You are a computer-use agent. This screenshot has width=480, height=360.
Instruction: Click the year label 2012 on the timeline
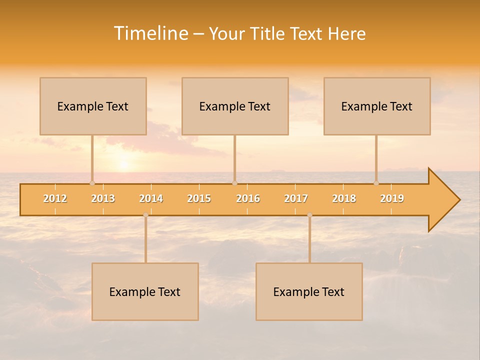pyautogui.click(x=55, y=198)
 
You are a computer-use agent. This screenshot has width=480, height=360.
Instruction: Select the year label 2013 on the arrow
pyautogui.click(x=103, y=198)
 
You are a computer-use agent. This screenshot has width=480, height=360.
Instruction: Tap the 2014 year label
pyautogui.click(x=151, y=198)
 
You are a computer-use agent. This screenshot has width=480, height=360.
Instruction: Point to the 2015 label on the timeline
pyautogui.click(x=199, y=198)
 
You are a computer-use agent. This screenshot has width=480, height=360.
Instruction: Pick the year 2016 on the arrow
pyautogui.click(x=248, y=198)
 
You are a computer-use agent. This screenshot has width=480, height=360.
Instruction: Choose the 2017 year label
pyautogui.click(x=296, y=198)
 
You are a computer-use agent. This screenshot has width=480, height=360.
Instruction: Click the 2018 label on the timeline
pyautogui.click(x=344, y=198)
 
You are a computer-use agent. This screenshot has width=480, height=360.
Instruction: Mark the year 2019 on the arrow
pyautogui.click(x=392, y=198)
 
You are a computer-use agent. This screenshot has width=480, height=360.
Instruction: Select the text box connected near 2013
pyautogui.click(x=93, y=106)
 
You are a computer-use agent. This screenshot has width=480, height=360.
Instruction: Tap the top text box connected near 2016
pyautogui.click(x=235, y=106)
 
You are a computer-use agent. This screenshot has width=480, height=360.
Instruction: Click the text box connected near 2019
pyautogui.click(x=377, y=106)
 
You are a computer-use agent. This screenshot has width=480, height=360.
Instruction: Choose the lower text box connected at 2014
pyautogui.click(x=145, y=291)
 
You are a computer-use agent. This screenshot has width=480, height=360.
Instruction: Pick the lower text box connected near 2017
pyautogui.click(x=309, y=291)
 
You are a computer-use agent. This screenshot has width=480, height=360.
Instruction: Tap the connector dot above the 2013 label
pyautogui.click(x=92, y=183)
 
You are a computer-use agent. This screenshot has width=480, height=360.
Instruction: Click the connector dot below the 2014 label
pyautogui.click(x=145, y=215)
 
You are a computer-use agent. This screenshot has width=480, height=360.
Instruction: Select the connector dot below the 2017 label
pyautogui.click(x=309, y=215)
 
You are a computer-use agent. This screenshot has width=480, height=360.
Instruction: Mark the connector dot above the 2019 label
pyautogui.click(x=376, y=183)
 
